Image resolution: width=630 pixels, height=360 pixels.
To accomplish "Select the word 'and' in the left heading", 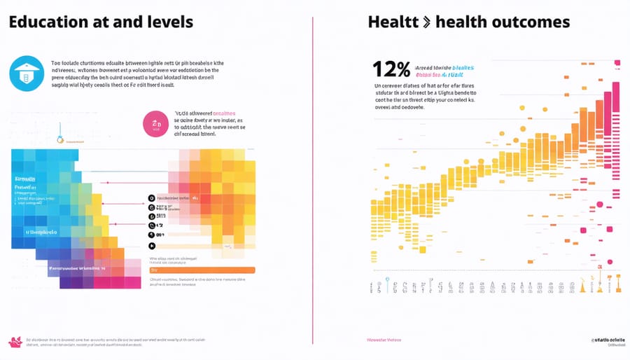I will [x=124, y=22].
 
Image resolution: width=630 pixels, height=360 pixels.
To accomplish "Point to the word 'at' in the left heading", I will [x=98, y=22].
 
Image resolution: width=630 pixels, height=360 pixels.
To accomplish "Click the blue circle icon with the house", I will [x=27, y=73].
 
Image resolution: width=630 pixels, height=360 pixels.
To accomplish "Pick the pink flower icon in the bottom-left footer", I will [x=15, y=341].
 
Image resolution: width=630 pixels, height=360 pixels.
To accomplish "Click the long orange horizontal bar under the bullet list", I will [x=202, y=270].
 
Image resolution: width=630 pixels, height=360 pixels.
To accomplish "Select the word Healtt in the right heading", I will [x=393, y=22].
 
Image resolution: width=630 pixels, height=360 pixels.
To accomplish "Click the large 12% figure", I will [x=392, y=69].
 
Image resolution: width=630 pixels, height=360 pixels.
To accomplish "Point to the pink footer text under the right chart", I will [x=385, y=340].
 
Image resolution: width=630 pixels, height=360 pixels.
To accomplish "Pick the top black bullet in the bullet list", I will [x=150, y=198].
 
